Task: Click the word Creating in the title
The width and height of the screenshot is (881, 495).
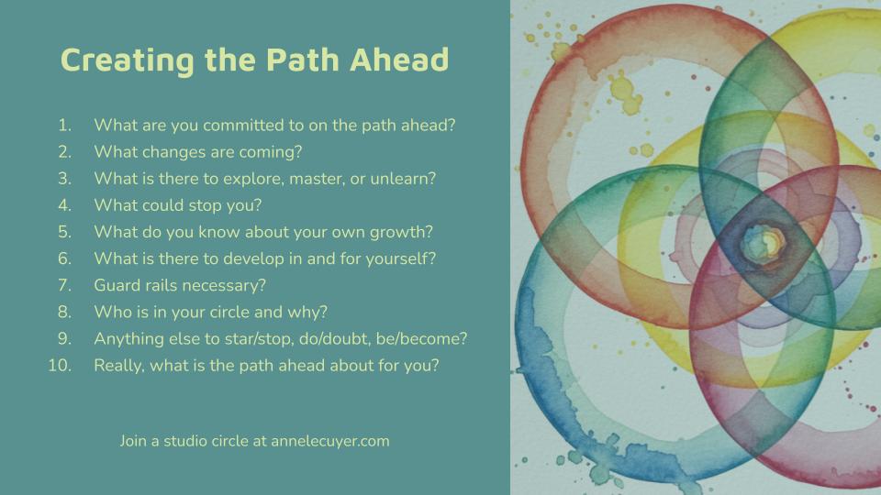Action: click(x=127, y=60)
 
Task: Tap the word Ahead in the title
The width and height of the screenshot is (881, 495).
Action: click(x=399, y=60)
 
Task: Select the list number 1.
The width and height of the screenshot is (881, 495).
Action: click(x=64, y=126)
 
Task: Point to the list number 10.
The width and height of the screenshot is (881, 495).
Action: click(x=60, y=366)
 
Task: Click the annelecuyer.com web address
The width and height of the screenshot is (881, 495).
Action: click(x=330, y=441)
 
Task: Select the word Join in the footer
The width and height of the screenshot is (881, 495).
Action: click(x=132, y=441)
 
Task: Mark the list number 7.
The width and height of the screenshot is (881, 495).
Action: click(x=64, y=285)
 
